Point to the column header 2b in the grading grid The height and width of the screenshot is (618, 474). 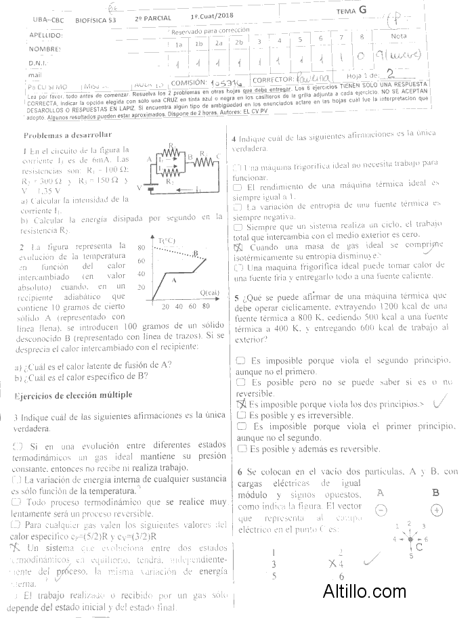[239, 43]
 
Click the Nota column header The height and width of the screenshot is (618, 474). [399, 36]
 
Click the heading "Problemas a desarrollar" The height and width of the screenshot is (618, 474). [68, 135]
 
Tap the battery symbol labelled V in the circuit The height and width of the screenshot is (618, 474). [149, 187]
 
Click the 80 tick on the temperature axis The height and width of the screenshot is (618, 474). [142, 248]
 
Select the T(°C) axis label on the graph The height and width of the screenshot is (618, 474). [167, 240]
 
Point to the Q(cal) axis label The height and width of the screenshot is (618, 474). [210, 292]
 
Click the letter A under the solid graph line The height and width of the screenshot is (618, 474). [173, 280]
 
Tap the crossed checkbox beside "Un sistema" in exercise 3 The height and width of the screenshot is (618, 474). [16, 546]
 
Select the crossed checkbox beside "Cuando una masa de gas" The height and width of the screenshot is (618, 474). [238, 248]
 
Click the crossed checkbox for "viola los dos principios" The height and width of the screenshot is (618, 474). [240, 403]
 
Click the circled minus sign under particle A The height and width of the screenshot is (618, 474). [381, 510]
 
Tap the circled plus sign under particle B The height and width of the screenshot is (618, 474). [437, 510]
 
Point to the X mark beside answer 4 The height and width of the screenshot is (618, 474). [332, 562]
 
